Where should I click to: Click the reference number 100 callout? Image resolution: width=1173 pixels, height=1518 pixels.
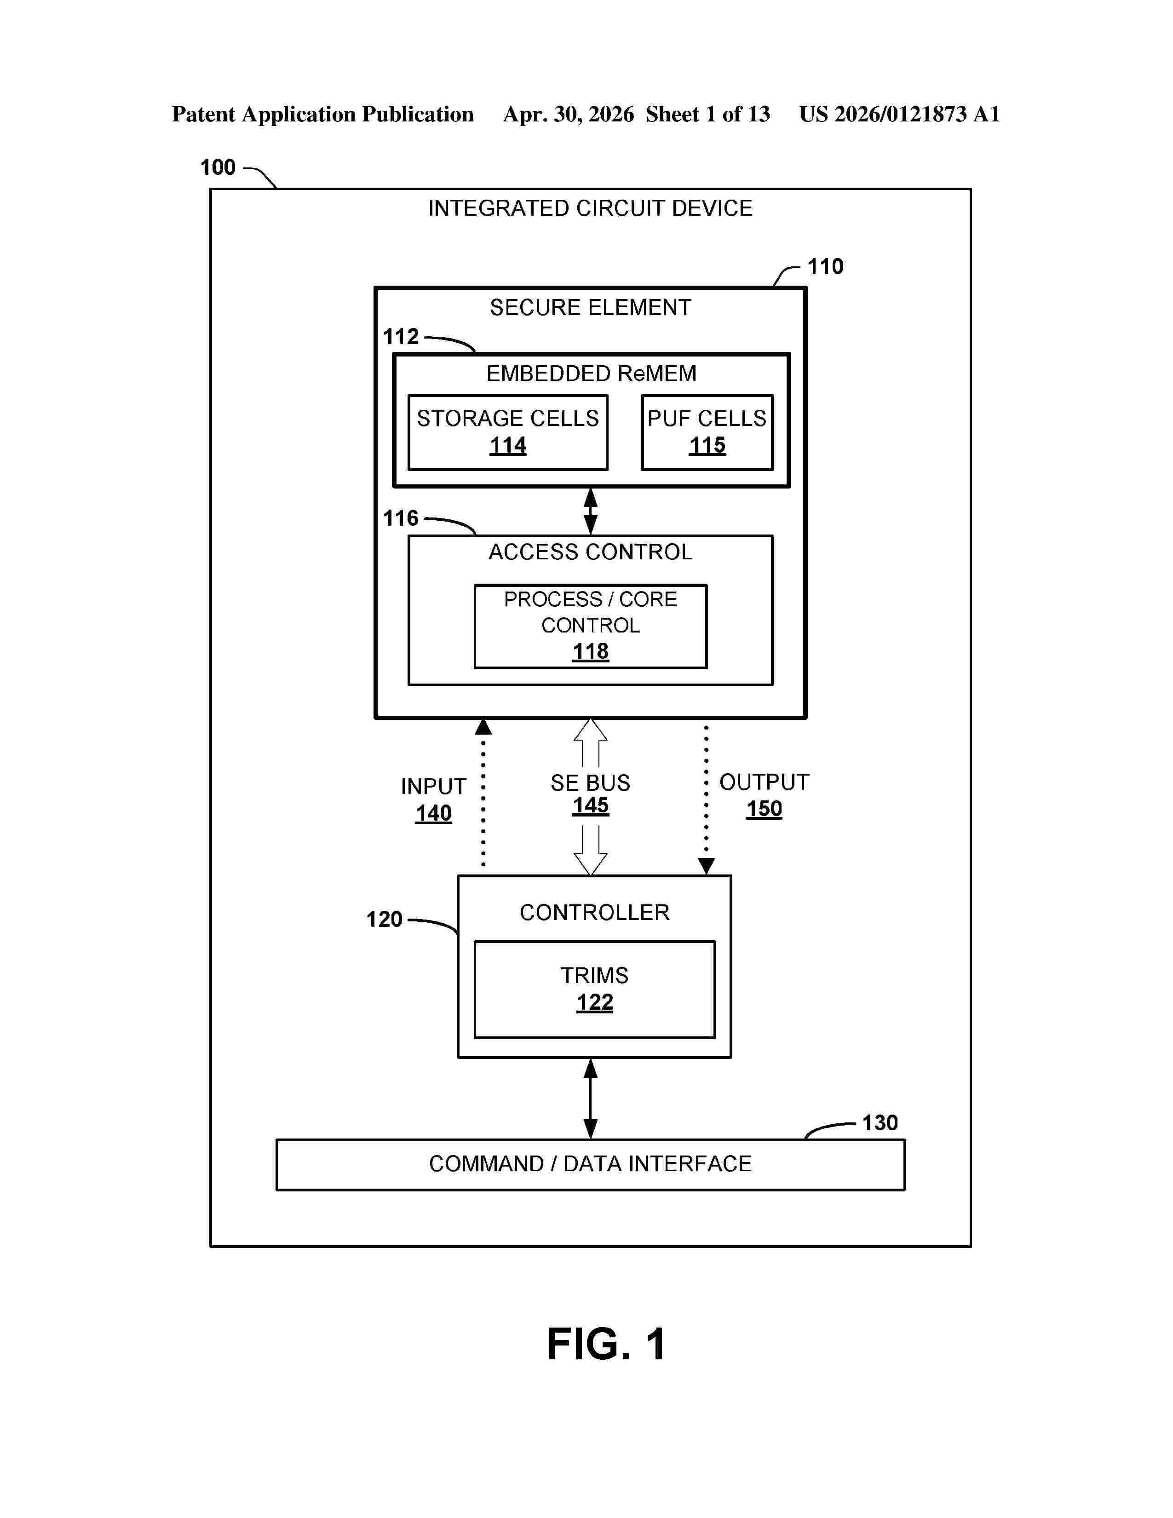(x=218, y=167)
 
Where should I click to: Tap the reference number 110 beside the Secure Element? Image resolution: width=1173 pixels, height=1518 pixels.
(x=825, y=267)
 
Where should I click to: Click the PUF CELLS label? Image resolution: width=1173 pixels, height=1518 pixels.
(x=707, y=419)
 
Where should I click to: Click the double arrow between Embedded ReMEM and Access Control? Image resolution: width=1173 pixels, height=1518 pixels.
(x=591, y=511)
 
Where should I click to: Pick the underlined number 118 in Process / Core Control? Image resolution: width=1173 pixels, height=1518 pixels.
(x=591, y=652)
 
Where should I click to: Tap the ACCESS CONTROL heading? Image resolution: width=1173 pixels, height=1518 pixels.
(x=591, y=552)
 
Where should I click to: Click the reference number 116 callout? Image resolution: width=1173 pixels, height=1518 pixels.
(x=401, y=518)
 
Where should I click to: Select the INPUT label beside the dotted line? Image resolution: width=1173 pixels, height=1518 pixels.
(x=433, y=787)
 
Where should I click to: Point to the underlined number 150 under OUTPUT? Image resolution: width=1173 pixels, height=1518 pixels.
(x=764, y=809)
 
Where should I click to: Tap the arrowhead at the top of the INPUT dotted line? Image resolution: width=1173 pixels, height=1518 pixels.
(x=483, y=727)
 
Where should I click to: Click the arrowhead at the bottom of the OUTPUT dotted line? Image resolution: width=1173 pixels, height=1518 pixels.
(x=706, y=867)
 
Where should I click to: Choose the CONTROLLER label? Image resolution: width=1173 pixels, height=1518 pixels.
(x=594, y=913)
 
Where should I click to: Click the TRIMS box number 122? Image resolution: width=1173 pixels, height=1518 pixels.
(x=595, y=1003)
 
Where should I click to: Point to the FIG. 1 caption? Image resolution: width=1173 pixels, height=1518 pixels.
(x=607, y=1344)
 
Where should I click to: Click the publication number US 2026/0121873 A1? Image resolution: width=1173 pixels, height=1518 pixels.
(x=899, y=114)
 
